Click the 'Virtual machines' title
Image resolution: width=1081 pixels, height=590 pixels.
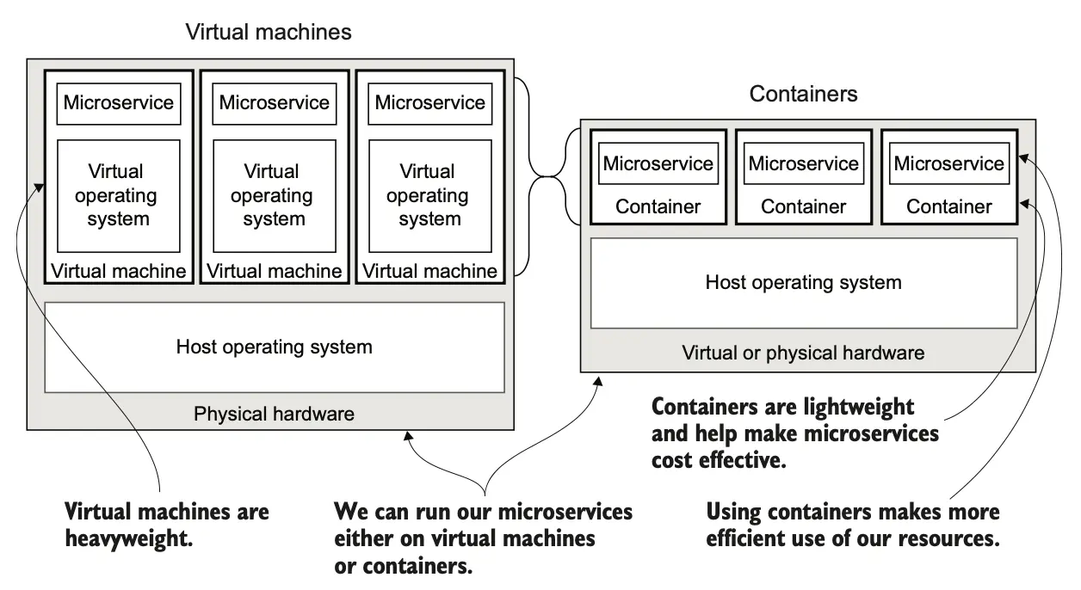[x=269, y=32]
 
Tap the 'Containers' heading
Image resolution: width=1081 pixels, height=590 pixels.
[x=803, y=94]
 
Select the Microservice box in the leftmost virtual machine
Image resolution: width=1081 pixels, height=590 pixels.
[x=119, y=103]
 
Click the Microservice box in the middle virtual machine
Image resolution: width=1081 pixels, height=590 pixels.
[x=274, y=103]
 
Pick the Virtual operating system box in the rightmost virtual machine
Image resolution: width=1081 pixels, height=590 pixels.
[x=429, y=195]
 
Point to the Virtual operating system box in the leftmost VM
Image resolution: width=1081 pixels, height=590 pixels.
[x=119, y=195]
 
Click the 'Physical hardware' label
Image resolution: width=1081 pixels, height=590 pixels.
[x=274, y=414]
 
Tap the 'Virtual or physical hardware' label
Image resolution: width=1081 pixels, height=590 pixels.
[x=803, y=353]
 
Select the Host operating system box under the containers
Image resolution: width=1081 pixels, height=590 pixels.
[x=803, y=282]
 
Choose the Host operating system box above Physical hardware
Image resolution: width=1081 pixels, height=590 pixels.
[x=274, y=347]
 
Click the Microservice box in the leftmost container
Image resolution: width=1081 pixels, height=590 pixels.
[x=658, y=163]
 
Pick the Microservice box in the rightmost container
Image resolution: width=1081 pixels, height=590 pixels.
[x=949, y=163]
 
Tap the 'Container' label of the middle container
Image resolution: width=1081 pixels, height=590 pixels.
[x=803, y=206]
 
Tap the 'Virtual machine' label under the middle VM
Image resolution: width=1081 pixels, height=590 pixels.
[x=274, y=271]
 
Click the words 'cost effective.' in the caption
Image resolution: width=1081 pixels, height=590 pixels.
[x=719, y=460]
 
